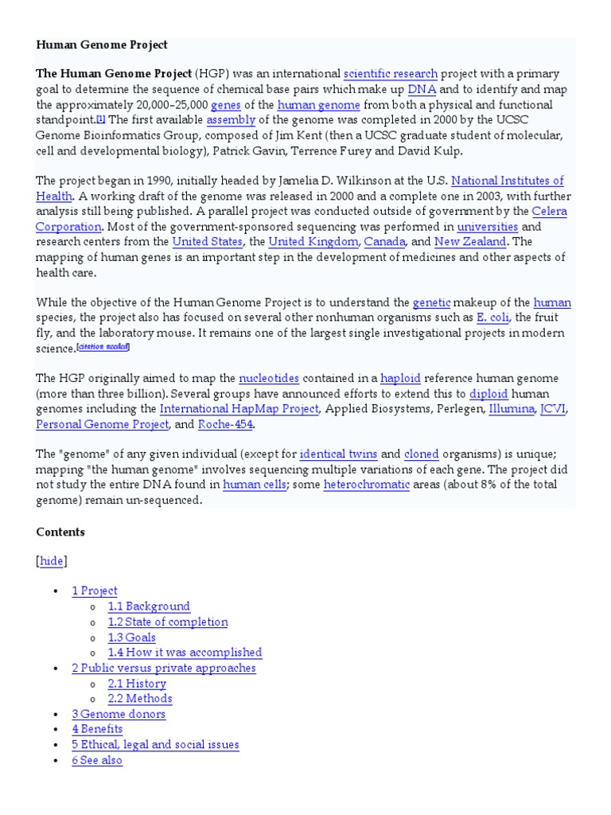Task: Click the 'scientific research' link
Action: click(x=390, y=74)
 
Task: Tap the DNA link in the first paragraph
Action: click(x=422, y=89)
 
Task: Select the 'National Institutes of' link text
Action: click(x=508, y=181)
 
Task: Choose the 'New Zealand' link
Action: click(x=470, y=241)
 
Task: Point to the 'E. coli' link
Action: click(x=492, y=318)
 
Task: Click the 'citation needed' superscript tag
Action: click(x=103, y=347)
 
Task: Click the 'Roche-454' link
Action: click(x=225, y=424)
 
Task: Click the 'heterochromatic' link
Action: click(x=366, y=485)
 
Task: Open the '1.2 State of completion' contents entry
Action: click(x=168, y=622)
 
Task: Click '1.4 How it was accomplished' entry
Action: click(x=185, y=653)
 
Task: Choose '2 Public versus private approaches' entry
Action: click(x=164, y=668)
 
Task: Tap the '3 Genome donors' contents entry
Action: click(x=119, y=714)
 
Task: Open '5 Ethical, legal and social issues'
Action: click(x=155, y=745)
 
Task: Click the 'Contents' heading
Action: click(x=60, y=532)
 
